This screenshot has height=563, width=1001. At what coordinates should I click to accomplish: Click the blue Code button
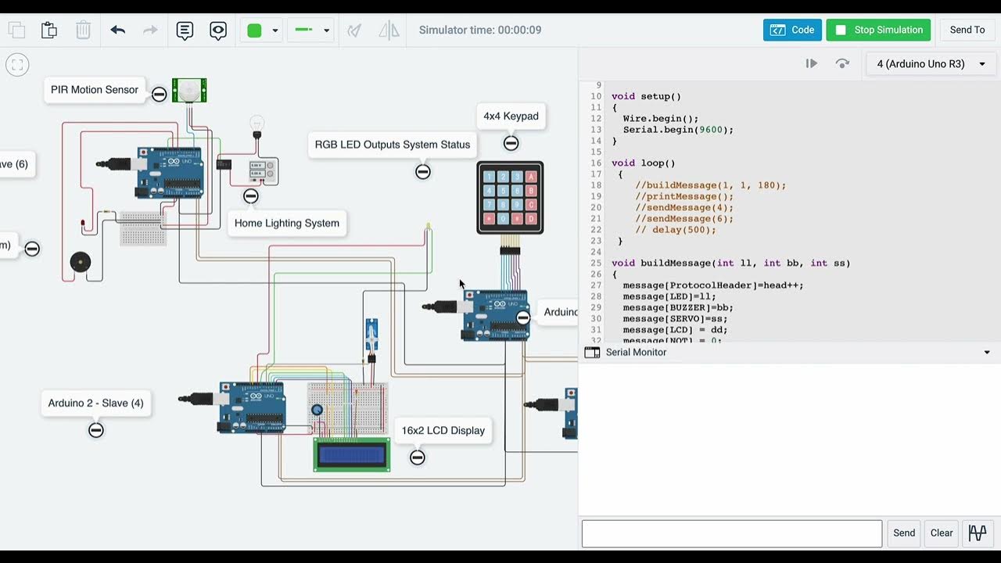point(792,30)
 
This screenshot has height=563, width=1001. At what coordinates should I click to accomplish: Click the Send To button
point(967,30)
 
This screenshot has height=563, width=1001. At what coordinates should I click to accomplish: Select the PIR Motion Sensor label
point(95,90)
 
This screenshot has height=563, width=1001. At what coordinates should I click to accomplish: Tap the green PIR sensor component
point(189,91)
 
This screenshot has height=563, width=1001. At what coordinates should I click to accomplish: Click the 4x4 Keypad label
point(511,116)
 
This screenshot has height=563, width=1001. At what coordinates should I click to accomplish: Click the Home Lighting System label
point(287,223)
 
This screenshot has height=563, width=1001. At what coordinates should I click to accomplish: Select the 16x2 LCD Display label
point(443,430)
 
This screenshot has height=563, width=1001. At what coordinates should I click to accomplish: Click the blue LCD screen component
point(352,454)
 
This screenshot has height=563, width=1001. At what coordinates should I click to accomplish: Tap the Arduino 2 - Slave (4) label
point(95,403)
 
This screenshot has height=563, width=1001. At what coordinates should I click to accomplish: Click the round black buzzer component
point(80,262)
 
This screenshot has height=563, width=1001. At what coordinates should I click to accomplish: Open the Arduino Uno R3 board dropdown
point(930,64)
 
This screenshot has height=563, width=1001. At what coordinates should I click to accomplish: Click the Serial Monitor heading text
point(636,353)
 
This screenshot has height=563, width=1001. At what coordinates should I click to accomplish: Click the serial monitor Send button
point(904,533)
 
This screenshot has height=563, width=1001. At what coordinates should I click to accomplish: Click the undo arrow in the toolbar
point(118,30)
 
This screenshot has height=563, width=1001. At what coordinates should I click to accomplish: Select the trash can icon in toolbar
point(83,30)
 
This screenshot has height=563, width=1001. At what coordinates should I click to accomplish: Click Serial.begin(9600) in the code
point(677,130)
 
